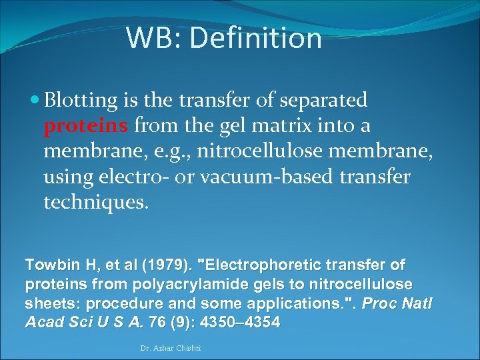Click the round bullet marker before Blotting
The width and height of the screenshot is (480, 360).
coord(35,101)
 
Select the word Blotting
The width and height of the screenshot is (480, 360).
coord(81,101)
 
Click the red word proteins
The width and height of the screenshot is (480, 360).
coord(87,126)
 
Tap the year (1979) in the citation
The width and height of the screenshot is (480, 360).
coord(157,265)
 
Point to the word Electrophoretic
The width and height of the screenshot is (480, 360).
coord(259,265)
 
